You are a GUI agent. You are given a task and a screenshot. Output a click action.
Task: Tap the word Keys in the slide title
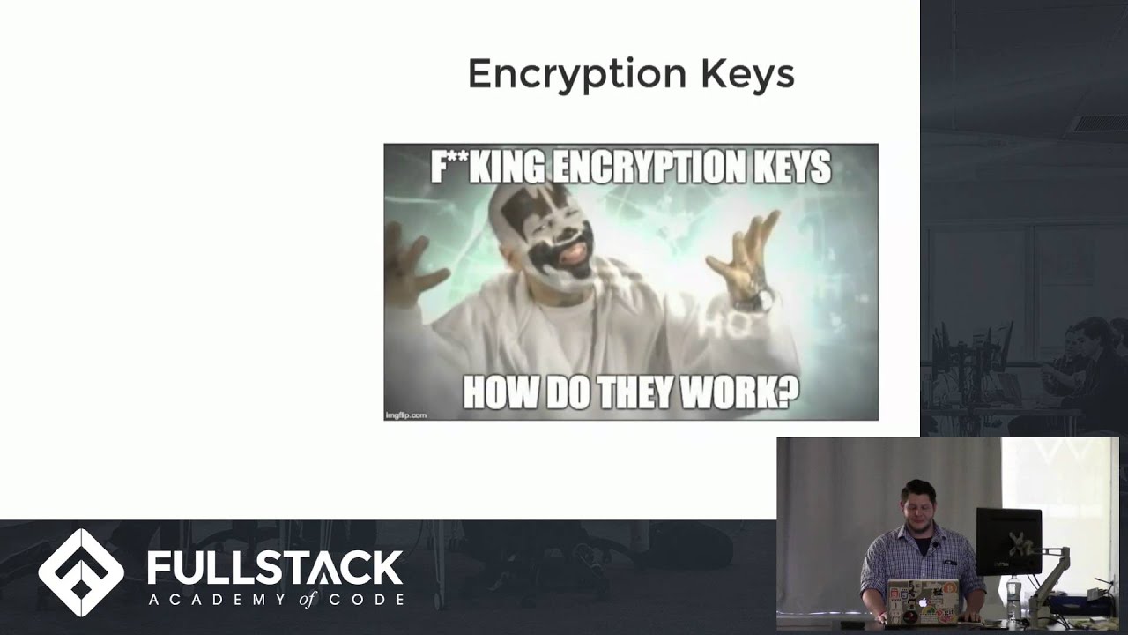pos(748,75)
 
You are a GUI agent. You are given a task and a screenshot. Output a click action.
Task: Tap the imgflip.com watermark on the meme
pos(406,414)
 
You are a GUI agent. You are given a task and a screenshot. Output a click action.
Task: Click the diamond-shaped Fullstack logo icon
pos(81,572)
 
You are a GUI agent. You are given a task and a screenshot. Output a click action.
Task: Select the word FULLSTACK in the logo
pos(275,568)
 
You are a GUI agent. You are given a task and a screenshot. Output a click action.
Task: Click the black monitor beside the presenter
pos(1008,540)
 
